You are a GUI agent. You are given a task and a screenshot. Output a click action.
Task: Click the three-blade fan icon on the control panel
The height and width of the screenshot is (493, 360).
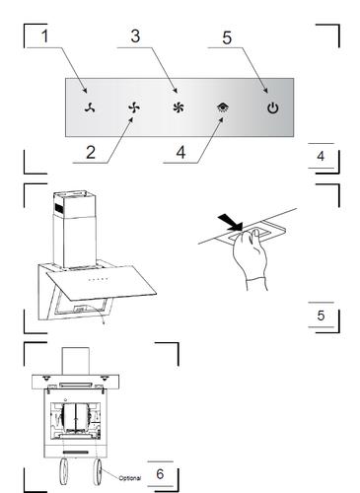90,107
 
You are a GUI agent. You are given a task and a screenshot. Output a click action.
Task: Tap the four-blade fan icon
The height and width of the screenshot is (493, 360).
134,107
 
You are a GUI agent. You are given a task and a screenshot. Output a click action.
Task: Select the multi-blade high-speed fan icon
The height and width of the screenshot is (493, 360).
179,107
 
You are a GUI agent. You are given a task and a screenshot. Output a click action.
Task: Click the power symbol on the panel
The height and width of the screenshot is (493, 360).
273,107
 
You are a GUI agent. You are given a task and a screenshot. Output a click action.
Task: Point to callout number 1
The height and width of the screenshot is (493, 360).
44,35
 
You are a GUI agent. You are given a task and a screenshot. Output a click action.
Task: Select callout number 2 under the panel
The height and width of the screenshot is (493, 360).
91,152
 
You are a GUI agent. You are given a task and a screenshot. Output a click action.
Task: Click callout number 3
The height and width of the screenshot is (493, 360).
135,35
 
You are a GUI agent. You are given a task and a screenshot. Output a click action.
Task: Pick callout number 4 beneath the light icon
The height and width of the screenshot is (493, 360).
180,152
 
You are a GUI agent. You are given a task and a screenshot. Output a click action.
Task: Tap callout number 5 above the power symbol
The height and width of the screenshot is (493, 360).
227,37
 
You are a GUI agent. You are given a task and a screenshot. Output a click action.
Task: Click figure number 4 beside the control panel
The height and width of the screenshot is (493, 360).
321,156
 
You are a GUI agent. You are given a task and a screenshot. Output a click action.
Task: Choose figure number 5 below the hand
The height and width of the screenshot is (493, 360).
321,316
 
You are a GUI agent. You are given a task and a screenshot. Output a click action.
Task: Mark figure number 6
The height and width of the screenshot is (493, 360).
160,473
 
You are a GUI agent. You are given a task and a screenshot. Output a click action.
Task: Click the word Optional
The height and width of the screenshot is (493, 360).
130,478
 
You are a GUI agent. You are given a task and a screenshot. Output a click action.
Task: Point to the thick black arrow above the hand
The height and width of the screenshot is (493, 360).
230,221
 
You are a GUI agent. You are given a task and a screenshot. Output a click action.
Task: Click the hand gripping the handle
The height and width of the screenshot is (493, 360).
250,259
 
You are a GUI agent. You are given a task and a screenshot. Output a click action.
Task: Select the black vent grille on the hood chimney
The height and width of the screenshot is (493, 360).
58,207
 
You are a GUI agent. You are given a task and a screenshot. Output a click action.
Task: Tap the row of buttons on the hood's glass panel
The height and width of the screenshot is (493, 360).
98,280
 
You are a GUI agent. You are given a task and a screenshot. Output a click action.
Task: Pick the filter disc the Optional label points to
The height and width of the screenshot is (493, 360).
98,472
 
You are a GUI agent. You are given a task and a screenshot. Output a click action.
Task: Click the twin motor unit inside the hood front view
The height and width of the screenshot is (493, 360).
76,418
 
